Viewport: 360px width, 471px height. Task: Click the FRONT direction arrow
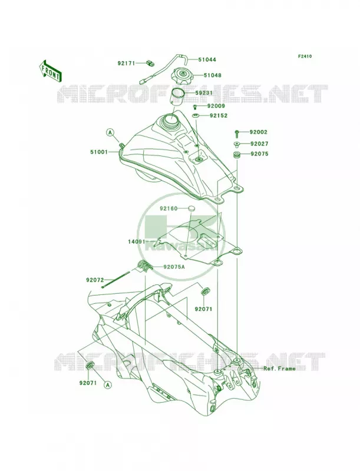50,71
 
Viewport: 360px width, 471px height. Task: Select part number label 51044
207,59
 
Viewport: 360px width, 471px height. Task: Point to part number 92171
127,64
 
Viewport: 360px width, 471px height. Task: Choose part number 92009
216,106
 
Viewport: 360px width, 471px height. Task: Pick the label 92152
219,115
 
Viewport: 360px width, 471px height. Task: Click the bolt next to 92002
237,132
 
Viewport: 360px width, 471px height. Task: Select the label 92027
259,144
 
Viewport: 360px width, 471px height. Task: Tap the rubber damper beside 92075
237,155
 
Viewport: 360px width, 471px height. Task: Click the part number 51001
99,152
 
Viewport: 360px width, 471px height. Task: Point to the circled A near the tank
110,132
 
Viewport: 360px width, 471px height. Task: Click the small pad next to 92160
191,208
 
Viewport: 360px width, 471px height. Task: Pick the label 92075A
174,267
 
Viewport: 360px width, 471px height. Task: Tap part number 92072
95,280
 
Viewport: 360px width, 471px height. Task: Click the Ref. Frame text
279,369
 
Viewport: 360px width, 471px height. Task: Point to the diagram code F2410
305,56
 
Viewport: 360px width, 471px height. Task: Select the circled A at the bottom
108,384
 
